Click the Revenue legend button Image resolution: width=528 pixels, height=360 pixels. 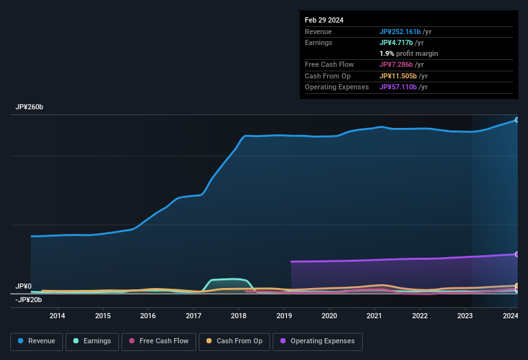36,341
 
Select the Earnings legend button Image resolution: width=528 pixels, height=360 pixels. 91,341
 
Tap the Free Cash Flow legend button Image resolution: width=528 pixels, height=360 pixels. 159,341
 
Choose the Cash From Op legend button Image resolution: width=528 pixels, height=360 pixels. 233,341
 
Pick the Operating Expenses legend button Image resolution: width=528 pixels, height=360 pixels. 317,341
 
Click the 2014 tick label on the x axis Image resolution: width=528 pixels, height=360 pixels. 57,316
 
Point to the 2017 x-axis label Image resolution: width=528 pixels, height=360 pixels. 193,316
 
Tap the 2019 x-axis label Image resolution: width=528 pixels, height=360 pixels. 284,316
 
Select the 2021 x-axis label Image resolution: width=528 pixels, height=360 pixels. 374,316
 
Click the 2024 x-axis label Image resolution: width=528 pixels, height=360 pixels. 510,316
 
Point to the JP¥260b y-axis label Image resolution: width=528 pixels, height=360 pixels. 29,107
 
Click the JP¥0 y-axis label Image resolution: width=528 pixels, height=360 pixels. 23,286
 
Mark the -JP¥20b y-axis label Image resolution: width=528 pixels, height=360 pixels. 28,300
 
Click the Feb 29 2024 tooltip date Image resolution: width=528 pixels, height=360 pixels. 324,20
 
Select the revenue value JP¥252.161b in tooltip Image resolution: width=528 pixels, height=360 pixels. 400,32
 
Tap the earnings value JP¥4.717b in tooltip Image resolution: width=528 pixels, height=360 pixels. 396,42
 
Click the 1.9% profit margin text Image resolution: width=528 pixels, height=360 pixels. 408,53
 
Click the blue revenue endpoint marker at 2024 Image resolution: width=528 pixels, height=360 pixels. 516,120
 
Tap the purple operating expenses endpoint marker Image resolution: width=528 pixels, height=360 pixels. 516,255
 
